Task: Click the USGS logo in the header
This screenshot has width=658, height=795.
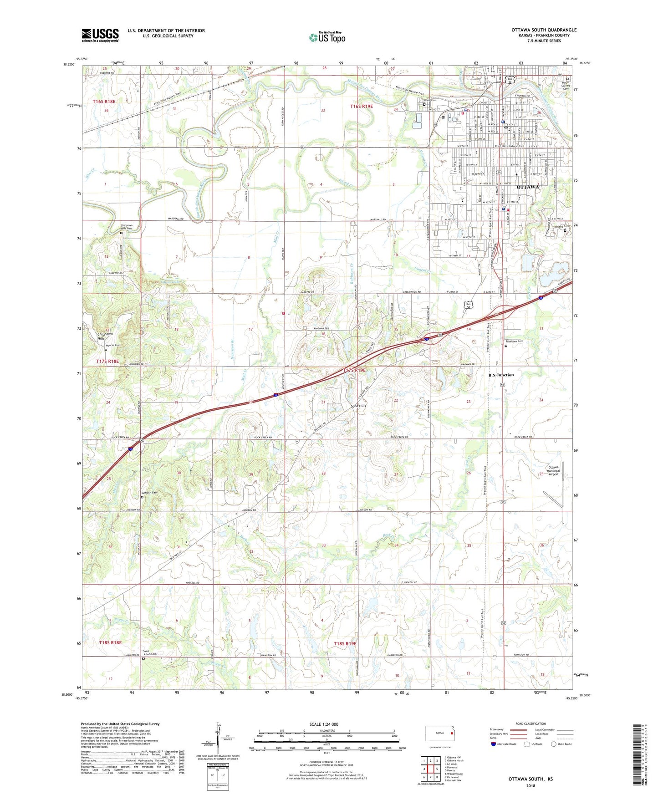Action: [100, 35]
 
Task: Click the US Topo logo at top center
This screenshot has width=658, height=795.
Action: [326, 37]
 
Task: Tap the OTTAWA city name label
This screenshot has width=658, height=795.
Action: [528, 187]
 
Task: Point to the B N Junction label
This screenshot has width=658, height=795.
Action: [501, 375]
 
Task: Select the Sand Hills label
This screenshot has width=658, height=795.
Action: [358, 406]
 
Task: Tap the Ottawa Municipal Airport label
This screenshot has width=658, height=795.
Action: [553, 471]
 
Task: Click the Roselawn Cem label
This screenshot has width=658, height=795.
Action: [515, 341]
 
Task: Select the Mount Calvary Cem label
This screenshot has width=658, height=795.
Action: [566, 85]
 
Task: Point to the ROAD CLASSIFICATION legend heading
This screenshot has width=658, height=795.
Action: [530, 724]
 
